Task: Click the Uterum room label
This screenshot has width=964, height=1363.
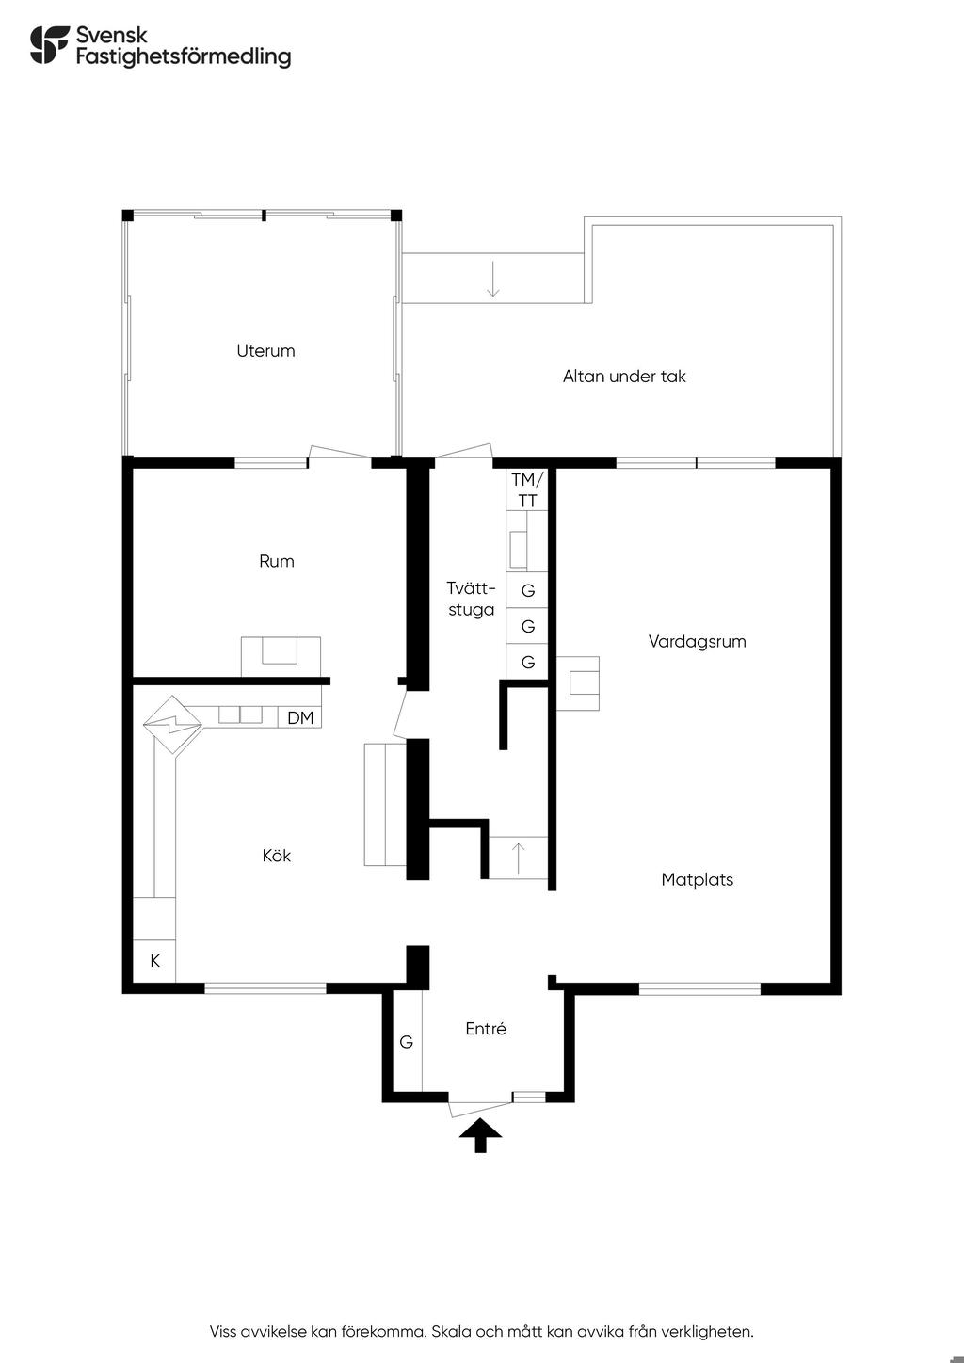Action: (265, 350)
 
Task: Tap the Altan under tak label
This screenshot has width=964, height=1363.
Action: (624, 376)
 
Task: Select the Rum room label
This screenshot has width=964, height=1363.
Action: (276, 561)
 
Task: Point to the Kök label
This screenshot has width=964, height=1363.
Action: (276, 856)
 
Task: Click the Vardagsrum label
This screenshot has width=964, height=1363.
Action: (697, 642)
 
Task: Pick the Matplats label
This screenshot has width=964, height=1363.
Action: (697, 879)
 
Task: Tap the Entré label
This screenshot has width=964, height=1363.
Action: (486, 1028)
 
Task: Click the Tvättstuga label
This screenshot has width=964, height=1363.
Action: (471, 599)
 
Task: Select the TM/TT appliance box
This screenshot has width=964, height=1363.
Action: (527, 489)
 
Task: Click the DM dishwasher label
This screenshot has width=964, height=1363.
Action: (300, 718)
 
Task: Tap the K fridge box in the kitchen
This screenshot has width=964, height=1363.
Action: (154, 961)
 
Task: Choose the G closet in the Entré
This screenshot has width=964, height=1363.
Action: (407, 1042)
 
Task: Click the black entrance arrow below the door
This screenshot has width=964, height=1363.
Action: (481, 1135)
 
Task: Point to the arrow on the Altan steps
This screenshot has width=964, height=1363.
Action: (493, 279)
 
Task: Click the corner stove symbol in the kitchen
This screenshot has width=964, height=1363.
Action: (173, 725)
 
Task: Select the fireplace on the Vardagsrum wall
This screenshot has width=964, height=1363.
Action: (577, 683)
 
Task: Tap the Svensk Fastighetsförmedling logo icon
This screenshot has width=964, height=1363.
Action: (50, 44)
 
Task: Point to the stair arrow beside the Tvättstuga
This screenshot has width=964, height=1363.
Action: (518, 858)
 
